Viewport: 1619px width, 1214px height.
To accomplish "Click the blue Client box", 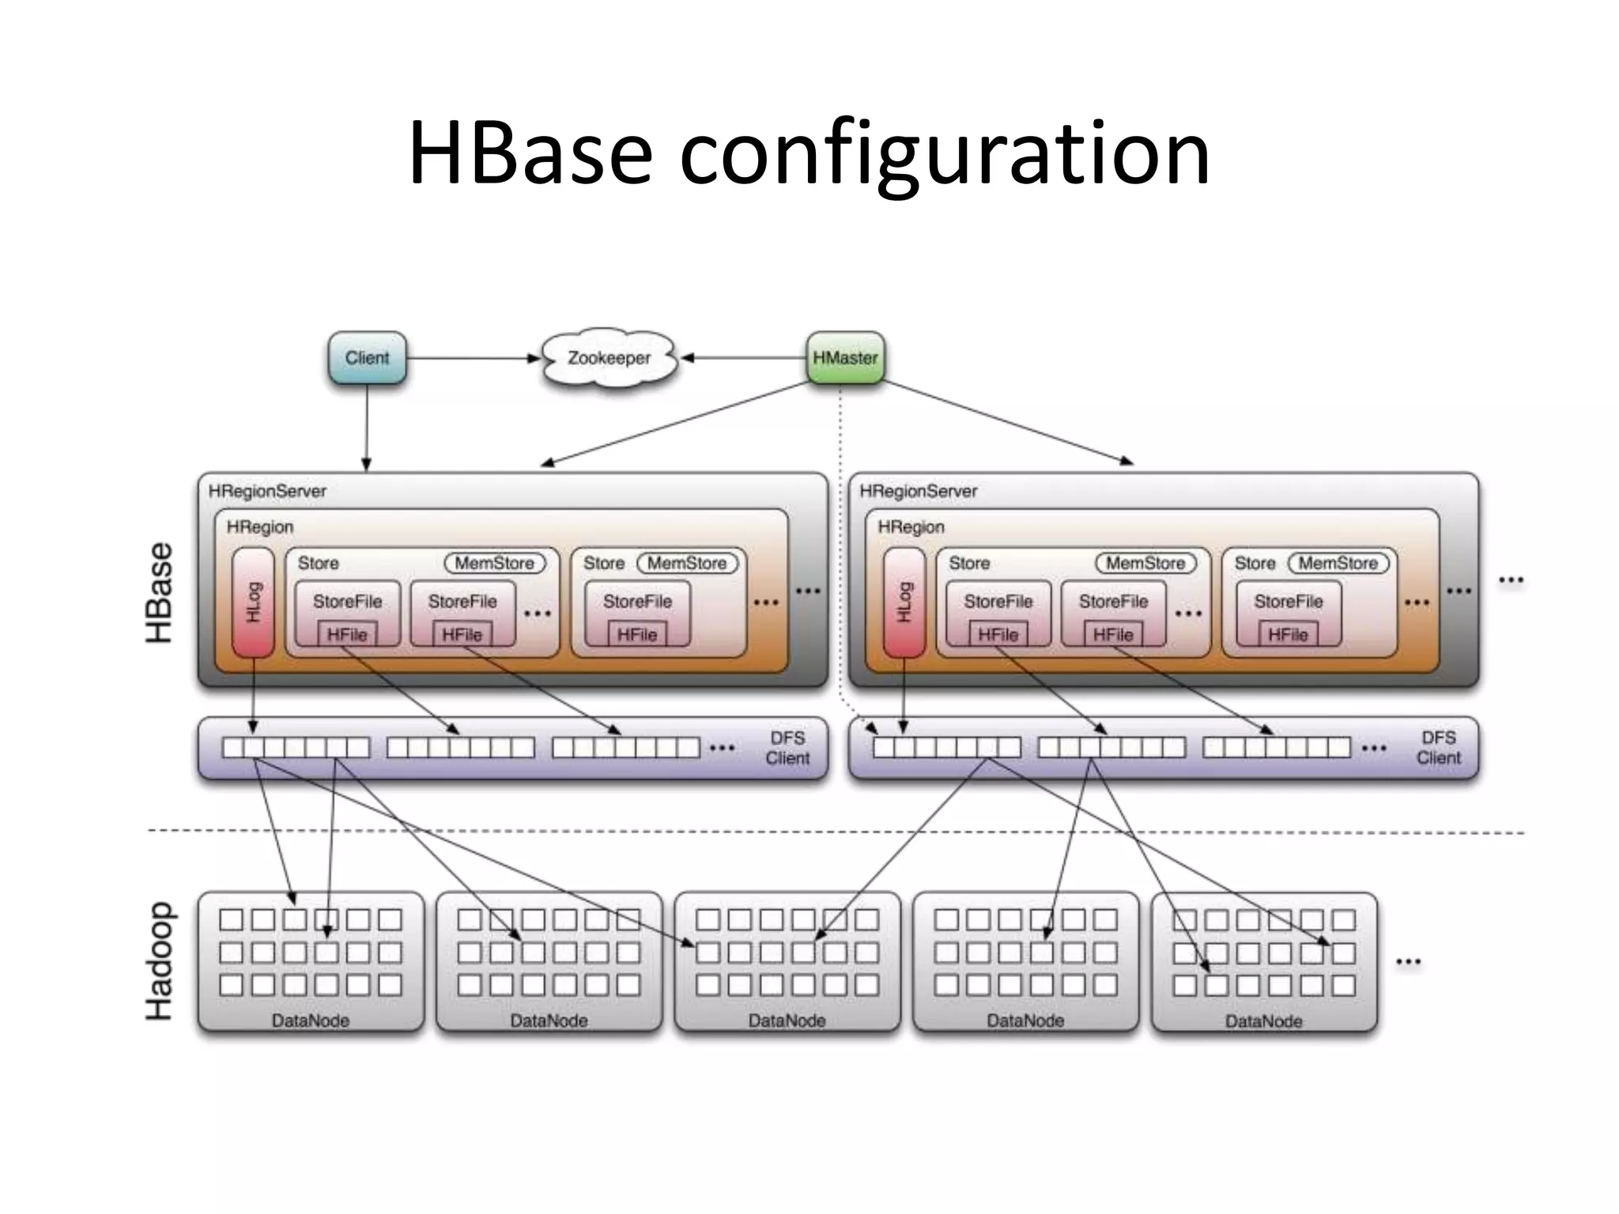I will [367, 358].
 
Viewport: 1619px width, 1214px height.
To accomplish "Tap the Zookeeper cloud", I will [609, 358].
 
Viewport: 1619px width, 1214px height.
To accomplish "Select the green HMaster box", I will [845, 358].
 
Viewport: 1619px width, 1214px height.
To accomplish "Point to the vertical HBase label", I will [160, 593].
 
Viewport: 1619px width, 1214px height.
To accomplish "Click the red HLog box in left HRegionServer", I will [253, 602].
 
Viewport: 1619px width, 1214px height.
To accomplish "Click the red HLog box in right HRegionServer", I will [904, 602].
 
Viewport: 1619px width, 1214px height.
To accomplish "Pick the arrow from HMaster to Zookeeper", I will [743, 358].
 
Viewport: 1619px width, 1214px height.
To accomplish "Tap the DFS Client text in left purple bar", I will [787, 748].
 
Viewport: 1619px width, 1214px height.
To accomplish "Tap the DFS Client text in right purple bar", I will [1438, 748].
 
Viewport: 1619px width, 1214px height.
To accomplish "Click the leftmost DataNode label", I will [310, 1020].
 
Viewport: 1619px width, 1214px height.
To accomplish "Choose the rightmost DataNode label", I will [1263, 1021].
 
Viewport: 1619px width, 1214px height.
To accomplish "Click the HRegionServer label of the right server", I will [918, 491].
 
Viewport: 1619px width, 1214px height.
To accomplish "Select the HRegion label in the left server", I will [259, 526].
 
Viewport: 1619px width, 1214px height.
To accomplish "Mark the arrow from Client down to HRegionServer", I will [367, 427].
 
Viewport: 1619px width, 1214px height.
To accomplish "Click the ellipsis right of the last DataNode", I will [1408, 962].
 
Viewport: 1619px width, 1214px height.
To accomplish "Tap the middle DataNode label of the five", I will [787, 1020].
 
